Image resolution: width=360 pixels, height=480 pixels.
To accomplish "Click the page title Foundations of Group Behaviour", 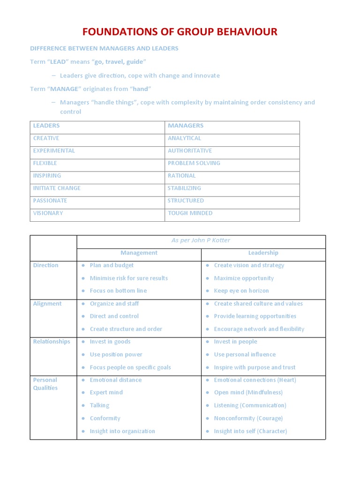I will pyautogui.click(x=180, y=32).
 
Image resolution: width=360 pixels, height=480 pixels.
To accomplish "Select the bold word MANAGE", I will pyautogui.click(x=64, y=89).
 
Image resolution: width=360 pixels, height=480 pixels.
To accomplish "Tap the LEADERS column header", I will pyautogui.click(x=46, y=126).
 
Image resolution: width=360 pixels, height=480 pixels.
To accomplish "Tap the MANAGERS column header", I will pyautogui.click(x=186, y=126).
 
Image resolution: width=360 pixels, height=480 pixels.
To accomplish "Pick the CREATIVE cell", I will pyautogui.click(x=46, y=138).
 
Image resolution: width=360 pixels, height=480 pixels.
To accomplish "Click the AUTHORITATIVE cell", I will pyautogui.click(x=190, y=151).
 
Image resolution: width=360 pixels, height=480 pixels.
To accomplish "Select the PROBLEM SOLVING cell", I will pyautogui.click(x=194, y=163).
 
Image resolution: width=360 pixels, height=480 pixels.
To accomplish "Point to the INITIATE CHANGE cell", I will pyautogui.click(x=57, y=188).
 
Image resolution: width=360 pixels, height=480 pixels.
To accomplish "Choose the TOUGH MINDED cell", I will pyautogui.click(x=190, y=213).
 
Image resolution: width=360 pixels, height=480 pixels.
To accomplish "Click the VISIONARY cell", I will pyautogui.click(x=48, y=213).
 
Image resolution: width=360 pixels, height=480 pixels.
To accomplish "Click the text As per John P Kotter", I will pyautogui.click(x=201, y=240).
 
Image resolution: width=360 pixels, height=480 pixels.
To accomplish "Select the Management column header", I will pyautogui.click(x=139, y=253).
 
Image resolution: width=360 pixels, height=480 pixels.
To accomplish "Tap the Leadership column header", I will pyautogui.click(x=263, y=253).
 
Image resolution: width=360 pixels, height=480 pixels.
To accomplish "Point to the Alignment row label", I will pyautogui.click(x=47, y=304).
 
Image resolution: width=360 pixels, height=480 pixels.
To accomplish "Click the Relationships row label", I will pyautogui.click(x=52, y=342).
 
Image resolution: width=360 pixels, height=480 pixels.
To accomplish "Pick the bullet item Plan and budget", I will pyautogui.click(x=112, y=265).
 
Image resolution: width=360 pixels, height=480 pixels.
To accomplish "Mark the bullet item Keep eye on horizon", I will pyautogui.click(x=241, y=291).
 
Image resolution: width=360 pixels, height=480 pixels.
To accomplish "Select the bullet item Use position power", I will pyautogui.click(x=116, y=354).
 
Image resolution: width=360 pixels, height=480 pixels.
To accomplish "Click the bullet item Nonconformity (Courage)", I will pyautogui.click(x=248, y=418).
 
